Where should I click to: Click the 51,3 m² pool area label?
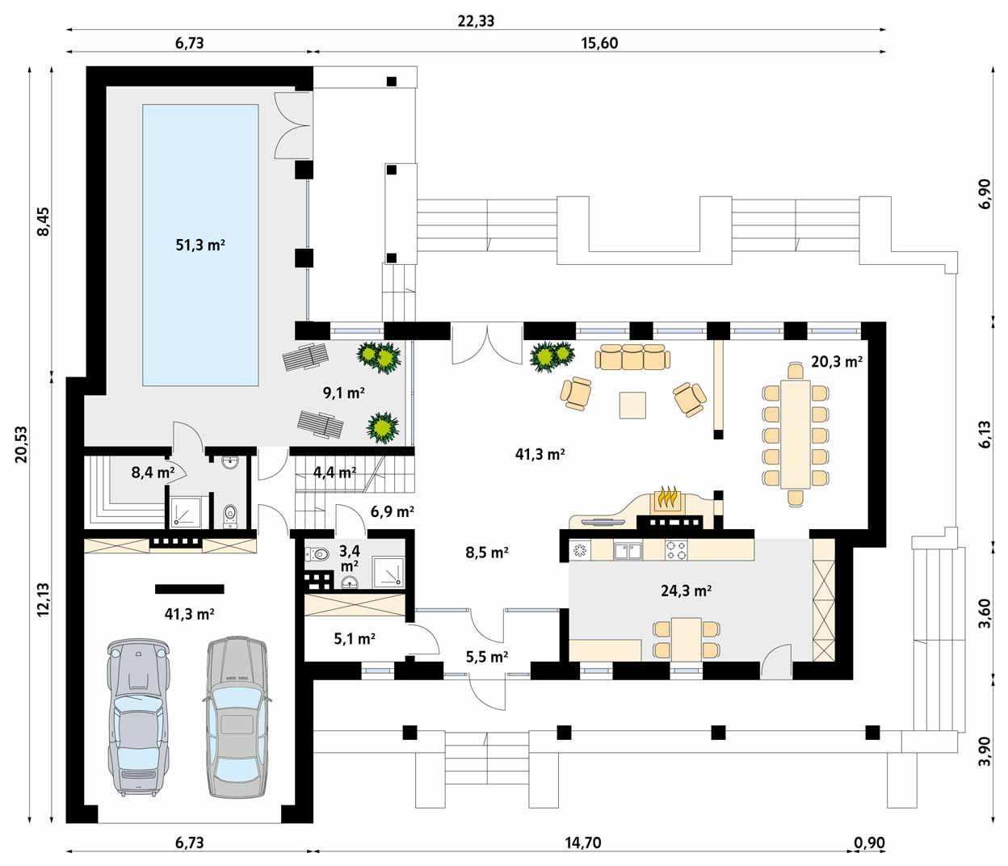[x=200, y=245]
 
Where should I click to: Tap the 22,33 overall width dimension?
[x=476, y=21]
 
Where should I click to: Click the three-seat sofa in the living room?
[x=632, y=356]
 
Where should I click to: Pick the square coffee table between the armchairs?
[x=632, y=405]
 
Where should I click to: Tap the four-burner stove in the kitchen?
[x=677, y=550]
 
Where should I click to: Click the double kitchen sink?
[x=628, y=550]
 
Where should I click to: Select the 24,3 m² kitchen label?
[x=686, y=591]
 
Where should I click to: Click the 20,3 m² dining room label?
[x=837, y=362]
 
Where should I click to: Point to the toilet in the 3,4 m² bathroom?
[x=317, y=554]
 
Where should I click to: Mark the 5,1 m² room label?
[x=355, y=639]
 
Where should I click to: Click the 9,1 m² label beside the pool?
[x=344, y=393]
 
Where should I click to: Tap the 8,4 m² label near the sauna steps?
[x=153, y=473]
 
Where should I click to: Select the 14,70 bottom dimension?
[x=583, y=843]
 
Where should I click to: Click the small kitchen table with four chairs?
[x=687, y=639]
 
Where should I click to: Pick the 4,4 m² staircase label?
[x=334, y=473]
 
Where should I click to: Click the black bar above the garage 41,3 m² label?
[x=190, y=589]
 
